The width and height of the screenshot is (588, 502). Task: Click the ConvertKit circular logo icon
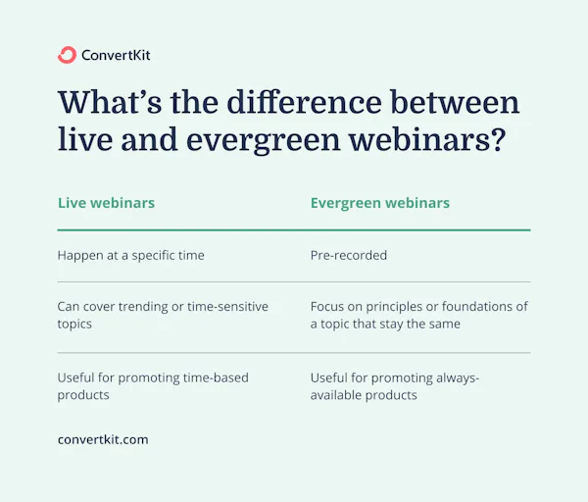click(67, 55)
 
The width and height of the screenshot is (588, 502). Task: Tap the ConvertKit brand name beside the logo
click(118, 55)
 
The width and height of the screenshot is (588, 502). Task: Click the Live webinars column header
click(106, 203)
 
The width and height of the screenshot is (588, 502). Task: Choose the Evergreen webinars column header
click(380, 203)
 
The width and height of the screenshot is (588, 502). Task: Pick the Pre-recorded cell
click(349, 255)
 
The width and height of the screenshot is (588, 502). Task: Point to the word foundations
click(483, 307)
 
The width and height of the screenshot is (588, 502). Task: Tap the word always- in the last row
click(458, 377)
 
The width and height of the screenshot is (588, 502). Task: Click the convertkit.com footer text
click(103, 440)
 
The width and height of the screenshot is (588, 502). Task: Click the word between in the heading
click(460, 104)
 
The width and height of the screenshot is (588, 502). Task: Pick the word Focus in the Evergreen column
click(328, 307)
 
